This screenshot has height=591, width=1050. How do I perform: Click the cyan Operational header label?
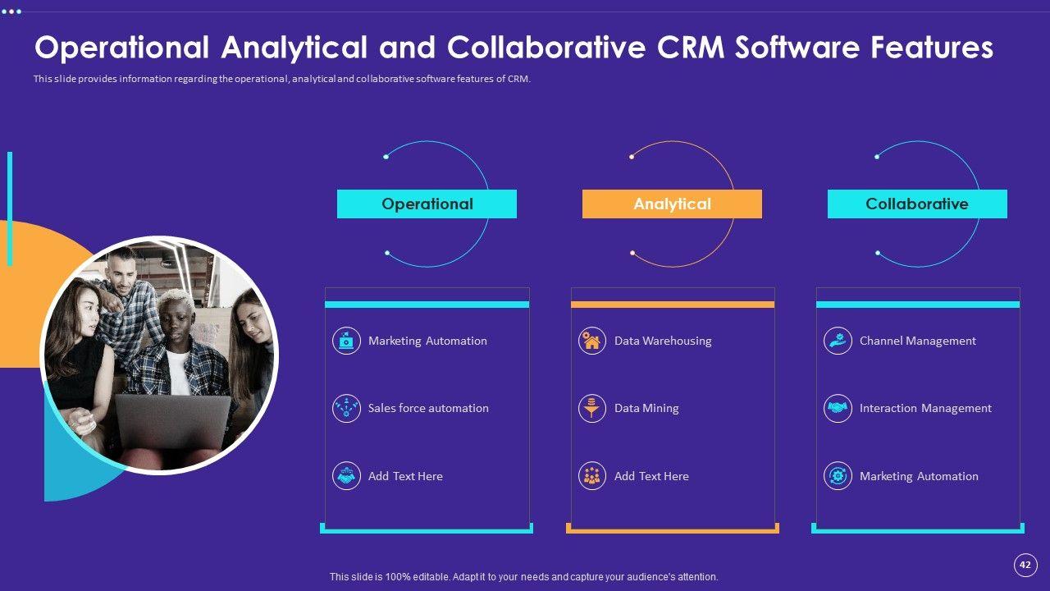pos(427,204)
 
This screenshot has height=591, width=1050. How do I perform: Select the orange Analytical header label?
pos(672,204)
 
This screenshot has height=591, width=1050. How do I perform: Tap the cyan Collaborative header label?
pos(916,204)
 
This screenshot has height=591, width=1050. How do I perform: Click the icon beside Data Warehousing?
pos(591,341)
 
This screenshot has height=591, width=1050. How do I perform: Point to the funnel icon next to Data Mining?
pos(591,408)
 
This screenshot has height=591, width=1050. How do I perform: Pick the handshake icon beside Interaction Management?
pos(838,408)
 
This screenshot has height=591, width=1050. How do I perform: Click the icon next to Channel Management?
pos(838,341)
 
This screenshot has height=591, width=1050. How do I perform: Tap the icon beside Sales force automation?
pos(346,408)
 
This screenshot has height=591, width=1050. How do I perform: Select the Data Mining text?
pos(646,408)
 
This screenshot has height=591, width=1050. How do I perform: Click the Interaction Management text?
pos(925,408)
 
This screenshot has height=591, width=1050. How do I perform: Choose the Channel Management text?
pos(917,341)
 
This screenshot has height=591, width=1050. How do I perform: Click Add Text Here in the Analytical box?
pos(651,476)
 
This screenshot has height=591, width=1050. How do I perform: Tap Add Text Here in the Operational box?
pos(405,476)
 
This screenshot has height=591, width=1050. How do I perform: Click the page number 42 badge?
pos(1025,565)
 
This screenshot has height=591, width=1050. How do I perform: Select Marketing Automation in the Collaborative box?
pos(919,476)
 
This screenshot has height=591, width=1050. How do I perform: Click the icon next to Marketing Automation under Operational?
pos(346,341)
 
